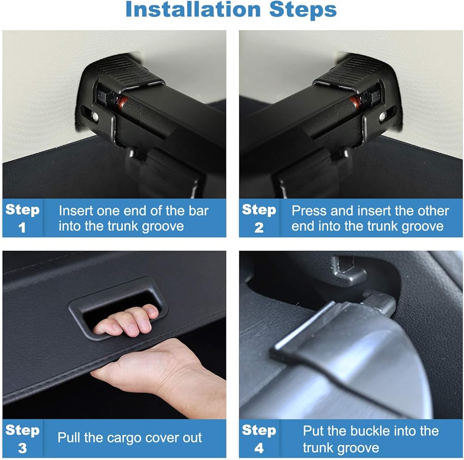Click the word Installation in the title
pyautogui.click(x=193, y=9)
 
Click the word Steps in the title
pyautogui.click(x=303, y=10)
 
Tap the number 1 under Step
pyautogui.click(x=22, y=228)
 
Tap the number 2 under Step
pyautogui.click(x=259, y=228)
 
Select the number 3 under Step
pyautogui.click(x=22, y=448)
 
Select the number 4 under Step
pyautogui.click(x=259, y=448)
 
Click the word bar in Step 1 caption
pyautogui.click(x=199, y=211)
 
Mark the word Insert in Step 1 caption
pyautogui.click(x=76, y=211)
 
